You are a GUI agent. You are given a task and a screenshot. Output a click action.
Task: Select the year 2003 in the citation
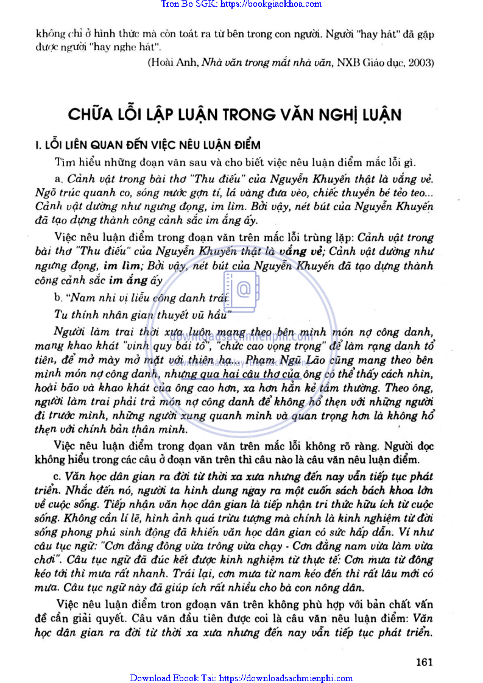pos(420,62)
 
